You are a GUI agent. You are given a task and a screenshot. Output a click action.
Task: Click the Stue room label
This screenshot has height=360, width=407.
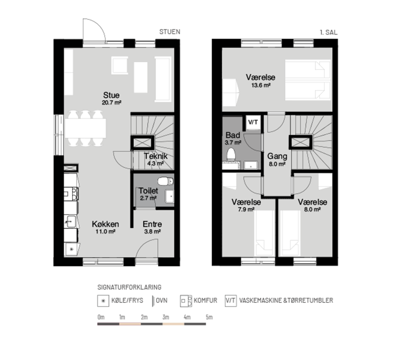point(111,95)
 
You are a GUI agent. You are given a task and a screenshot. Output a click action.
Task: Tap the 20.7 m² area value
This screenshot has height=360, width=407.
point(112,102)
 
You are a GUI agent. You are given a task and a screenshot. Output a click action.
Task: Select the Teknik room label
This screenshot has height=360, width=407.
point(156,156)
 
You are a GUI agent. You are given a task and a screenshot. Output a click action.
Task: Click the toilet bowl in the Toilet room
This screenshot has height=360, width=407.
point(166,181)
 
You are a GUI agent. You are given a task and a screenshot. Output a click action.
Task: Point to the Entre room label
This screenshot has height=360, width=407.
point(152,224)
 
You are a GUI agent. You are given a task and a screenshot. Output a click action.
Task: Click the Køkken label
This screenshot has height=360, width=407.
point(105,224)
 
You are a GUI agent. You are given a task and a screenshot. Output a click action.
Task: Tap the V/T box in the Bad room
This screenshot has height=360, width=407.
point(253,122)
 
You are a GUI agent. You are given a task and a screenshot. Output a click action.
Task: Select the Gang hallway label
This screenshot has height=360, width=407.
point(277,156)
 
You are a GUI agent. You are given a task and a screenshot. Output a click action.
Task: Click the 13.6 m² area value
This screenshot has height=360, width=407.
point(261,85)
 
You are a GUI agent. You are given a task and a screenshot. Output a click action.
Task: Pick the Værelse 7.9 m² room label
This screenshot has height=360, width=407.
point(246,202)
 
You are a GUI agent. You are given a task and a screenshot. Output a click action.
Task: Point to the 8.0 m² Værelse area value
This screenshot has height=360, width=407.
point(312,209)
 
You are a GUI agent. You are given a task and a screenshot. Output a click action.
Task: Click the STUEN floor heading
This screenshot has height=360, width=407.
point(170,32)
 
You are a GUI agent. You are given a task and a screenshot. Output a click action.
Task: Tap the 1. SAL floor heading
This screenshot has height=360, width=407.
point(329,32)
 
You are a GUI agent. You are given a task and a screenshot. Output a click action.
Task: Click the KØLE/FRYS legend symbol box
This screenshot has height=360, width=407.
point(103,301)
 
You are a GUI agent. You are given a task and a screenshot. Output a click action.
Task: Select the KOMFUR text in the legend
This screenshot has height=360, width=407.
point(205,300)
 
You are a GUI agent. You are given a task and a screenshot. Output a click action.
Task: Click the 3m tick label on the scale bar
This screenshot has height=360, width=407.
point(166,317)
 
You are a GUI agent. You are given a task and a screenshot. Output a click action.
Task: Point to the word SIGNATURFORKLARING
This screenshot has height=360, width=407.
point(129,287)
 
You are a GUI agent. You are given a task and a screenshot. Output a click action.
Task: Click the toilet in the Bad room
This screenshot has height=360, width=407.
point(231,154)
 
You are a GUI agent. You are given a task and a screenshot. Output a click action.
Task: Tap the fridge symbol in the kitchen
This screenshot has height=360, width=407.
point(72,249)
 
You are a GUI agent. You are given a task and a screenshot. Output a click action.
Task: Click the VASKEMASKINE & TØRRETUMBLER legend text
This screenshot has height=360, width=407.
point(286,300)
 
